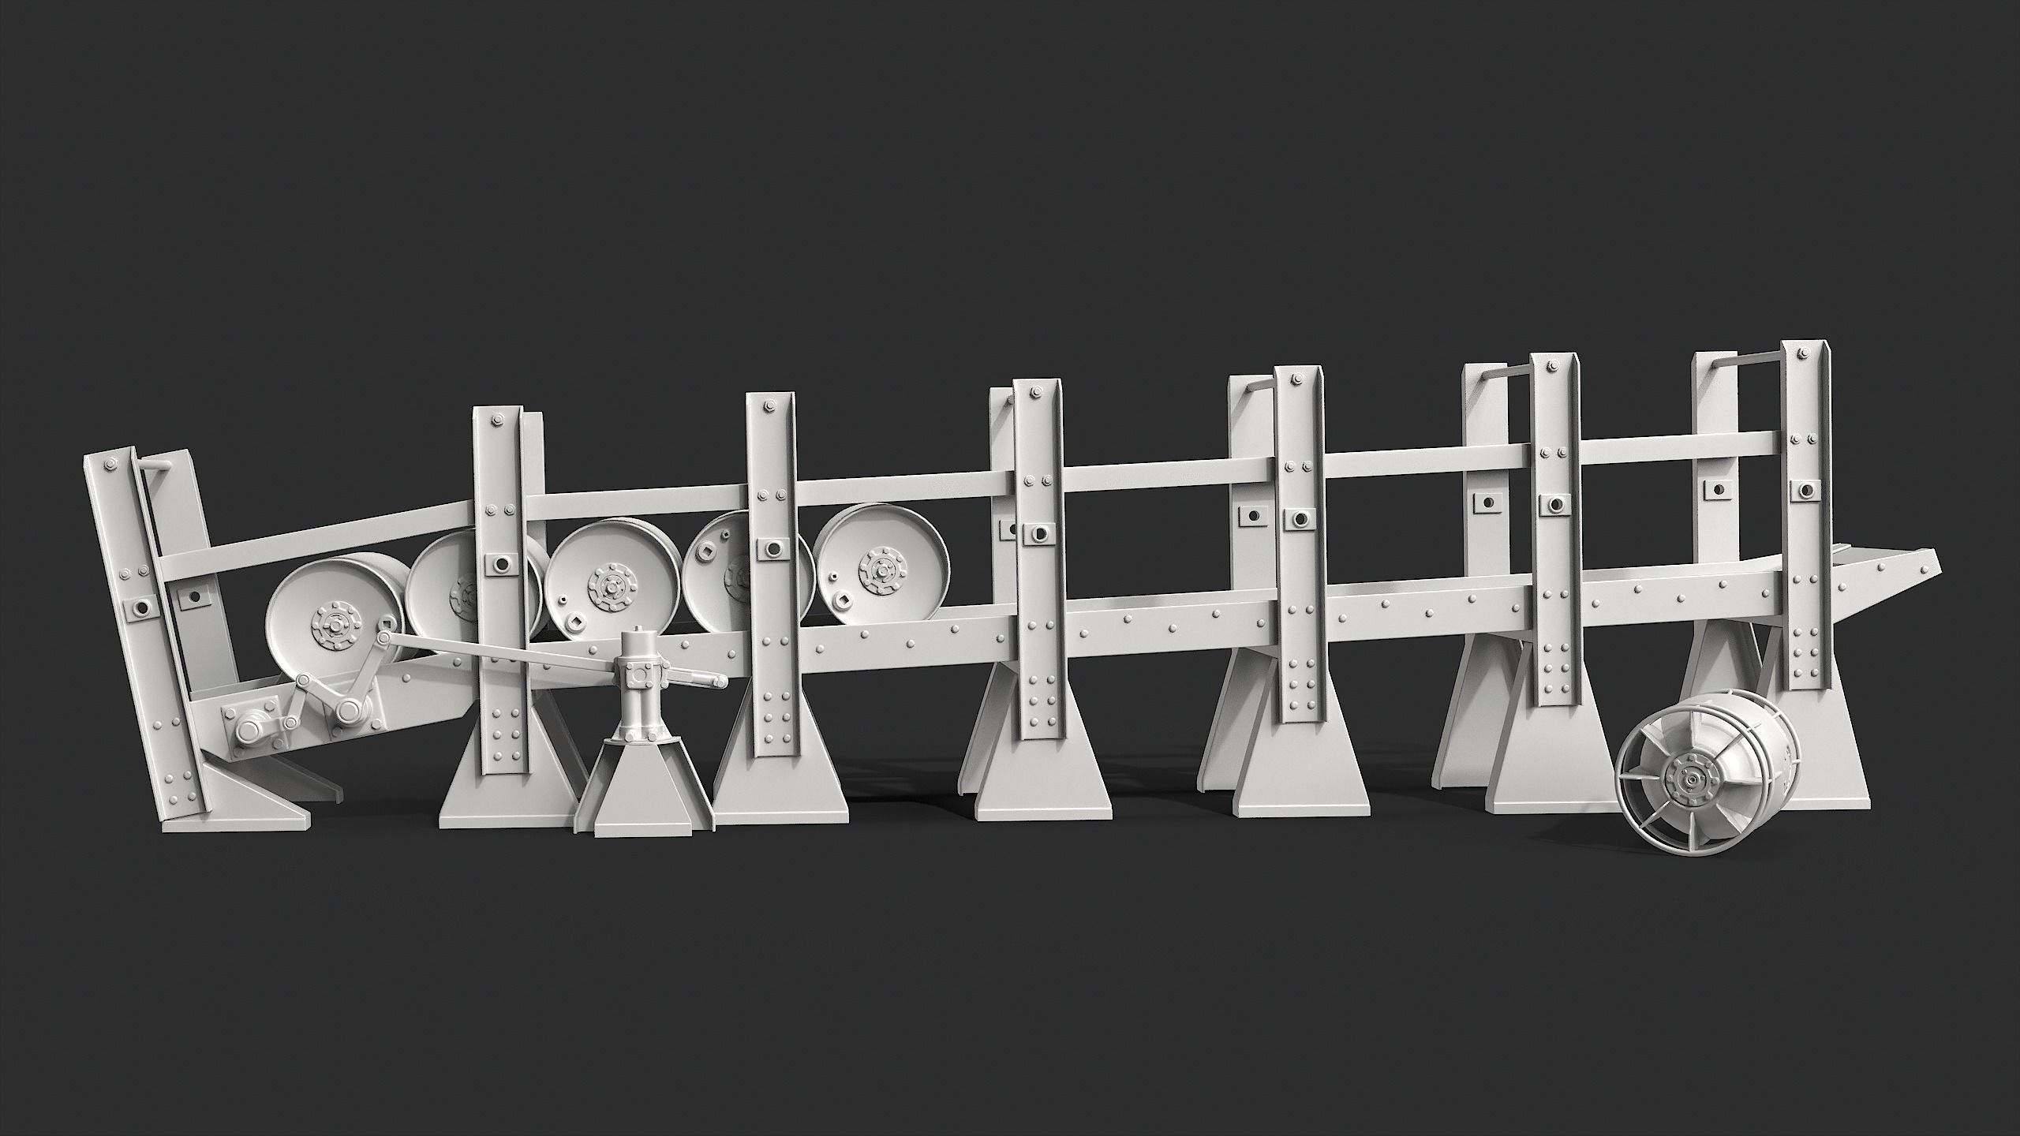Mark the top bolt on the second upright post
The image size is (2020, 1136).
(497, 420)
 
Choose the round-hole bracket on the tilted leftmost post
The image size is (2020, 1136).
(142, 607)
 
